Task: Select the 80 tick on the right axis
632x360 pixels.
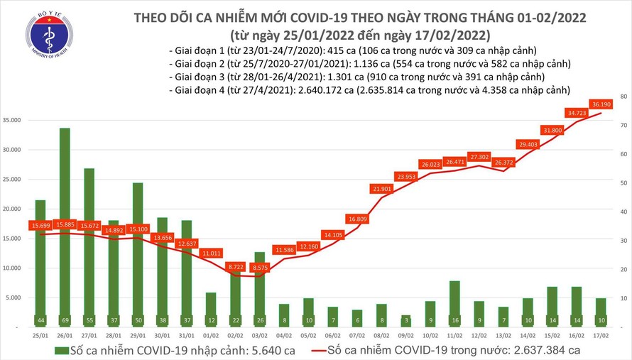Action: point(622,96)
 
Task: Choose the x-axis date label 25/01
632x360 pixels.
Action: point(40,335)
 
